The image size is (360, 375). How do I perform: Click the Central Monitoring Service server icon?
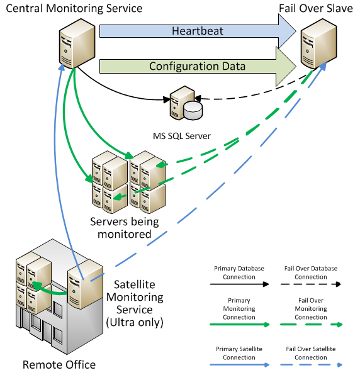click(x=77, y=43)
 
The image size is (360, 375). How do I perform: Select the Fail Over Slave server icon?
click(x=318, y=43)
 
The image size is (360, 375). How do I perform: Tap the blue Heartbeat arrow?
click(x=198, y=31)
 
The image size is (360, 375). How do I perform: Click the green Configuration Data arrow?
click(x=198, y=66)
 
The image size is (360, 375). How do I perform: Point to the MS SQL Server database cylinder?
click(x=193, y=110)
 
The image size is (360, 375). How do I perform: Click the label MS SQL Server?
click(x=182, y=136)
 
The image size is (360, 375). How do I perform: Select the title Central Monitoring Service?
click(x=74, y=8)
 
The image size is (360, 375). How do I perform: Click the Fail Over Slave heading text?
click(x=316, y=8)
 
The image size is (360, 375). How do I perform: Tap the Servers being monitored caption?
click(x=125, y=228)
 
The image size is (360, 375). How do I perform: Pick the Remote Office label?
click(x=59, y=365)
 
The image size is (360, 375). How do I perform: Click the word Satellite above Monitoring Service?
click(x=135, y=284)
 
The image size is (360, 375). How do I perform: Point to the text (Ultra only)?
click(x=135, y=322)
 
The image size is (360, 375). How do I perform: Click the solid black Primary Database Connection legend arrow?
click(x=239, y=284)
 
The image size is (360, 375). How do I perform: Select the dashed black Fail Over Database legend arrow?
click(x=311, y=284)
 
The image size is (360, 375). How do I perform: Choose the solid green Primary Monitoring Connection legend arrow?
click(x=240, y=325)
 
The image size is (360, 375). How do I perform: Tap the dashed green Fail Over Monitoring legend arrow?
click(x=311, y=325)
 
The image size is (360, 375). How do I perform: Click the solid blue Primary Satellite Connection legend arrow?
click(x=240, y=365)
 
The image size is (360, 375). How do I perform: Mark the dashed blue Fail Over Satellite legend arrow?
click(x=311, y=365)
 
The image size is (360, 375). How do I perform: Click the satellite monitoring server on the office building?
click(x=85, y=284)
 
